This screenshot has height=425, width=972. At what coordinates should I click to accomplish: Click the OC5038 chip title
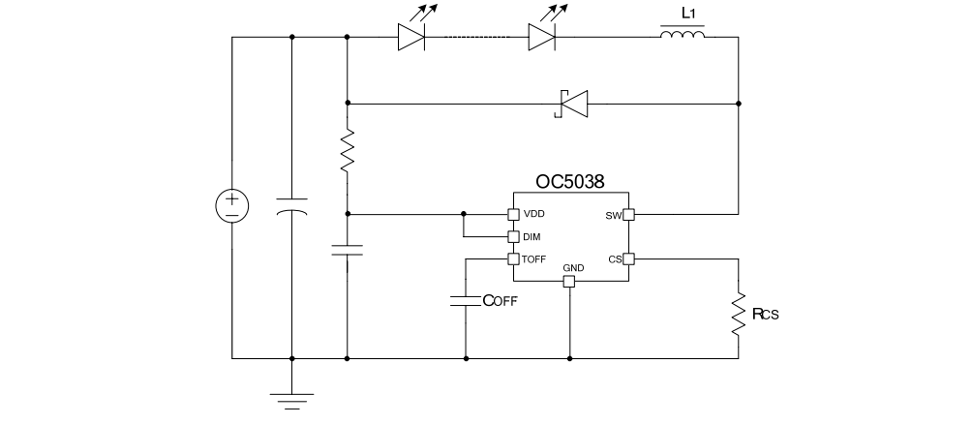point(569,181)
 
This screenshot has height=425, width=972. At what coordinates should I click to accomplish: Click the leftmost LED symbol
point(412,38)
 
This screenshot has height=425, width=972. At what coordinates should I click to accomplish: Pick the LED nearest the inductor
point(542,38)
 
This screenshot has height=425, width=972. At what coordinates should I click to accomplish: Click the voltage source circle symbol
point(232,205)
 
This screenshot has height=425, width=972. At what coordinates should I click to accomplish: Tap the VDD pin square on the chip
point(514,214)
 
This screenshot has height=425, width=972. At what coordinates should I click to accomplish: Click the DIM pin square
point(514,236)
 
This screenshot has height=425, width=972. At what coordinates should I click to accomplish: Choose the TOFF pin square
point(514,258)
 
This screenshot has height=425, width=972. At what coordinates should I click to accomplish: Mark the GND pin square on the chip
point(569,281)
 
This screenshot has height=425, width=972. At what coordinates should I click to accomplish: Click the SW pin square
point(627,214)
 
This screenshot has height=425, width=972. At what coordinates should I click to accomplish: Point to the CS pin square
point(627,258)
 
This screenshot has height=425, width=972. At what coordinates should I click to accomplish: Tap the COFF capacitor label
point(501,300)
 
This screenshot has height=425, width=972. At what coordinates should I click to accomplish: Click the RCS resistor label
point(766,313)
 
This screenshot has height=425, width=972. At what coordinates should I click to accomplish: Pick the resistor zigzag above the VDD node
point(347,152)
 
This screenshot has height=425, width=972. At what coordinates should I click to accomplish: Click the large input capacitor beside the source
point(291,207)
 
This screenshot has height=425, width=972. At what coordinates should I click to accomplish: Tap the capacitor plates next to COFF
point(466,301)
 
